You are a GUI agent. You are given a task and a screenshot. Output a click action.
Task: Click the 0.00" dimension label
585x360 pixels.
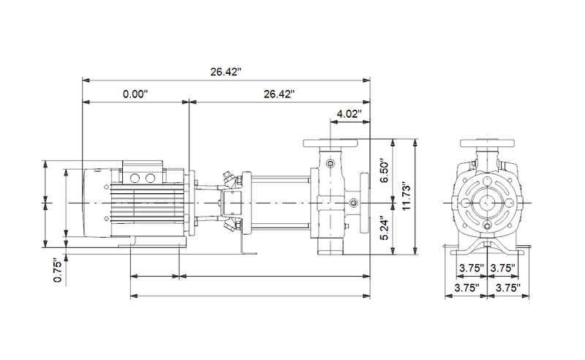(135, 94)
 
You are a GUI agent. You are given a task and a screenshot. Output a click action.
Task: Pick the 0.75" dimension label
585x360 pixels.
(59, 269)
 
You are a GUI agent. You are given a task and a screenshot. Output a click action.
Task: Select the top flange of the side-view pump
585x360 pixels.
(330, 143)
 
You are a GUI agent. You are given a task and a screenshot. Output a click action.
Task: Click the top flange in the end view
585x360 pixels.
(486, 143)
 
